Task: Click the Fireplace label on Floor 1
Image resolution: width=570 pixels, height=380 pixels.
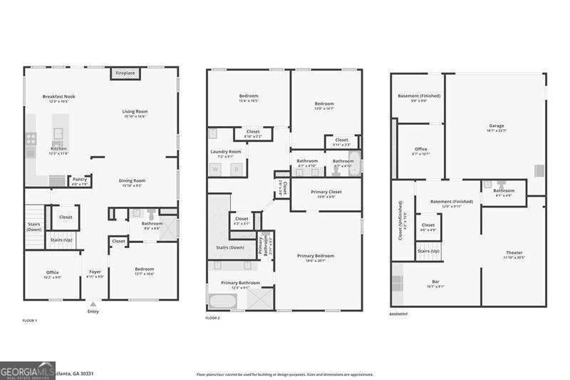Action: [125, 73]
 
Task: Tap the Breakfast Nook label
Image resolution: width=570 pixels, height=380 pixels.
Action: [59, 96]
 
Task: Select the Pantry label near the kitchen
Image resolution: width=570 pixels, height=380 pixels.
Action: [80, 179]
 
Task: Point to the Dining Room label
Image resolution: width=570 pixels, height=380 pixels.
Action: [132, 180]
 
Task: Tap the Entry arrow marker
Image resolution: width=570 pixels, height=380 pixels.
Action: [93, 303]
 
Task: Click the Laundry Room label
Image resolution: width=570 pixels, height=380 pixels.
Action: [225, 151]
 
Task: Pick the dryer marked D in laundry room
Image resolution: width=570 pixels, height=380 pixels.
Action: [237, 169]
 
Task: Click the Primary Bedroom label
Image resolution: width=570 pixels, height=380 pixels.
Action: [316, 255]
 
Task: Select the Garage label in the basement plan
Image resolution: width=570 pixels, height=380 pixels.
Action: [496, 125]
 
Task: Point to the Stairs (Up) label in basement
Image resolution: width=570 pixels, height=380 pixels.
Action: [427, 251]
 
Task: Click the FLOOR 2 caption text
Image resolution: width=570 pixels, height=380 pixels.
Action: [212, 317]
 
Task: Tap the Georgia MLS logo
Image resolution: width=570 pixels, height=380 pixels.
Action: [27, 371]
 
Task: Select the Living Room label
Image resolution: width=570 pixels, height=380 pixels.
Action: [135, 111]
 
